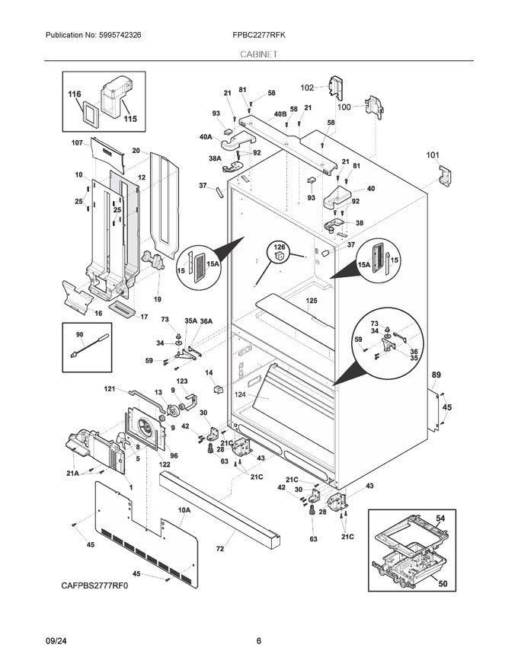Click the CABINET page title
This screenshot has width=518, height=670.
click(258, 55)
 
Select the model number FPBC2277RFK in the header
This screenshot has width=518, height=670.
click(258, 36)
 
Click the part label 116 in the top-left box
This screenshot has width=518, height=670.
click(74, 94)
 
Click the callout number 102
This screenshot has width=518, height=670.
click(306, 88)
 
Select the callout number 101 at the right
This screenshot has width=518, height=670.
click(433, 156)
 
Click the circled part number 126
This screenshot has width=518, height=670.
click(279, 247)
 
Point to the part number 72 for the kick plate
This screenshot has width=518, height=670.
click(220, 548)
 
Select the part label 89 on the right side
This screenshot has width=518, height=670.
click(436, 375)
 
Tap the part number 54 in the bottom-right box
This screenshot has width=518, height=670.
click(440, 518)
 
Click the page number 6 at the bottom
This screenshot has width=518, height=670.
click(258, 641)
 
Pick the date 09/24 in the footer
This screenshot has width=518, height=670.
click(58, 641)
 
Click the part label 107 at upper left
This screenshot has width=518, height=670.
click(77, 143)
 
